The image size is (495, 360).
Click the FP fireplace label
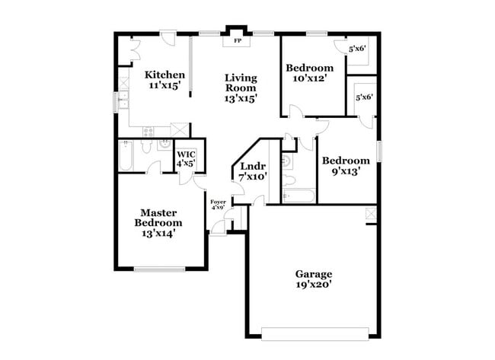(x=237, y=40)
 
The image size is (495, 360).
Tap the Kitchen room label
(x=164, y=75)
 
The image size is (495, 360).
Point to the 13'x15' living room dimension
(x=241, y=97)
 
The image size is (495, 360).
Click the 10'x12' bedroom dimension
(x=309, y=78)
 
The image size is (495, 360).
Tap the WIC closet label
(x=187, y=154)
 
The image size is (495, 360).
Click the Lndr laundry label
(x=252, y=166)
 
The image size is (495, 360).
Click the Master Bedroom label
(x=158, y=218)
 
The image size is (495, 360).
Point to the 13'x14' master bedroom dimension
(x=158, y=234)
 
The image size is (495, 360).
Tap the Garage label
(x=313, y=273)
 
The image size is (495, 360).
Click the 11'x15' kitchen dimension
(x=164, y=86)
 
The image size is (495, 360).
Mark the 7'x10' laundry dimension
(x=252, y=177)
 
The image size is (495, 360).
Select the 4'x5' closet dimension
(x=187, y=162)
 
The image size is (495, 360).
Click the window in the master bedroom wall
(x=159, y=267)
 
